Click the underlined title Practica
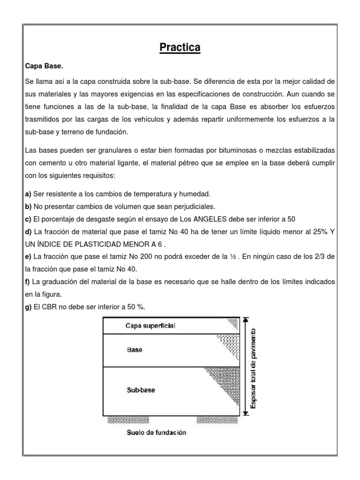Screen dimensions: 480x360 [180, 47]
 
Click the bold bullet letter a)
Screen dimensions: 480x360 [29, 194]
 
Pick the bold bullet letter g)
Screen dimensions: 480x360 [29, 307]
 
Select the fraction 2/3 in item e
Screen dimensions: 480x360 [321, 257]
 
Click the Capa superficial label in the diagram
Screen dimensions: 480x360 [150, 326]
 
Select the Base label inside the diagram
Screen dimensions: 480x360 [134, 350]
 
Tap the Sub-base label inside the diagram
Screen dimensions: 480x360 [141, 390]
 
